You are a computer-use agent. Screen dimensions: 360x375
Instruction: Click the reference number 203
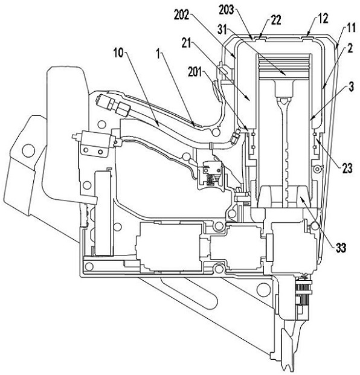226,10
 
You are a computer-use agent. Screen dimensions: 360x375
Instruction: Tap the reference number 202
181,16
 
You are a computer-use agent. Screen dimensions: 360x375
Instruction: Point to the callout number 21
186,43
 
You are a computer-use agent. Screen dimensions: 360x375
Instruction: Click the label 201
195,72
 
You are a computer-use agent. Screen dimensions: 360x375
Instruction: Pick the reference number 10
118,53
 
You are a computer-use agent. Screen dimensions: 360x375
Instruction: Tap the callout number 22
276,20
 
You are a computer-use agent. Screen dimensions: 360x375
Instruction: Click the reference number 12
323,18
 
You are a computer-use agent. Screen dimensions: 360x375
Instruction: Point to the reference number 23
347,168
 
